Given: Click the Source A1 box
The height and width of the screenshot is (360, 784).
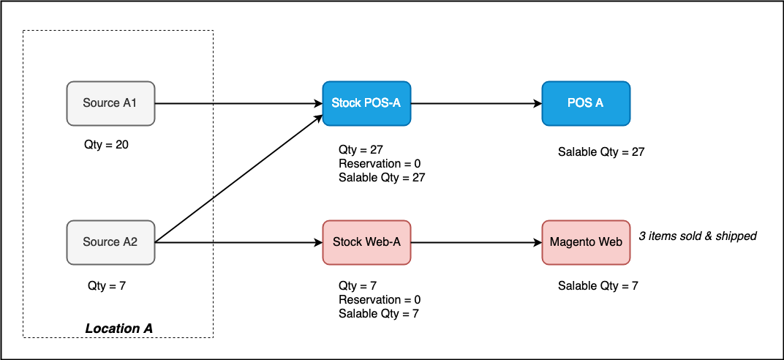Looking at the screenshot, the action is point(111,103).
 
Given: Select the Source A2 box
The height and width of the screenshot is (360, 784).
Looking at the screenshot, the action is point(111,242).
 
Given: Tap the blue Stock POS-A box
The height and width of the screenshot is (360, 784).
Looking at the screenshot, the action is point(366,103).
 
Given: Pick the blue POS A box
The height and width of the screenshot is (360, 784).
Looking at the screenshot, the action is point(586,103).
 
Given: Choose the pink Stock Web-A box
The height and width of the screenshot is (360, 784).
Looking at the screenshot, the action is point(366,242).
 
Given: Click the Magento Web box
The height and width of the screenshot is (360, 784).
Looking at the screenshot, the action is point(586,242).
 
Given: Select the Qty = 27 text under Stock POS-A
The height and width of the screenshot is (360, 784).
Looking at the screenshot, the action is point(361,149).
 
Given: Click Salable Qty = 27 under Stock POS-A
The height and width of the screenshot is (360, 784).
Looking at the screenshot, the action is point(382,178).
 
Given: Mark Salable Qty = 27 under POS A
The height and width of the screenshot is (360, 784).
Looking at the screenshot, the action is point(601,151).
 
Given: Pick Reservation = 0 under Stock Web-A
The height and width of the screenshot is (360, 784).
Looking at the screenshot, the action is point(380,299).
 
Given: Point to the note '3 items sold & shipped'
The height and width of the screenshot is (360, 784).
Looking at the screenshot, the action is point(698,236).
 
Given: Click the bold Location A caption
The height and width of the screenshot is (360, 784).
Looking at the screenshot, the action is point(119,329).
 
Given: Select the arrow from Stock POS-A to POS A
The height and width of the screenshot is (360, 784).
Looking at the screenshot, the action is point(477,103).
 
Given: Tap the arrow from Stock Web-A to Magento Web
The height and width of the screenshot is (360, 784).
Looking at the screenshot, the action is point(477,242).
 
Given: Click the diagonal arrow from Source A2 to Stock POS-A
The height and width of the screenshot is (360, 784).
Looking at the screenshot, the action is point(239,178).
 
